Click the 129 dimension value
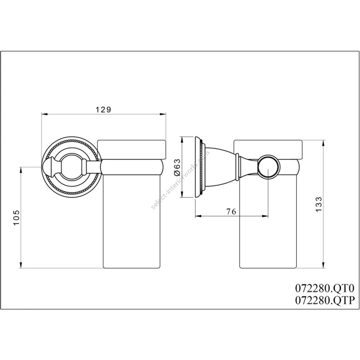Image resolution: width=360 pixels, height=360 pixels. [x=103, y=110]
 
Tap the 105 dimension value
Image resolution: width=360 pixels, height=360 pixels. [x=16, y=218]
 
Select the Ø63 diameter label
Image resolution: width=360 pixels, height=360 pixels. [x=177, y=167]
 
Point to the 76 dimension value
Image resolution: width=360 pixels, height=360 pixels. [x=231, y=212]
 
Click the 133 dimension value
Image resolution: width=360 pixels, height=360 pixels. [x=319, y=204]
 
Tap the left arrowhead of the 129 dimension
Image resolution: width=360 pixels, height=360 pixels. [x=44, y=114]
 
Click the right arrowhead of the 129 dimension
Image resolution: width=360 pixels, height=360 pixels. [x=163, y=114]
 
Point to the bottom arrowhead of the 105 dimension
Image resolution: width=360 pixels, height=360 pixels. [x=21, y=265]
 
